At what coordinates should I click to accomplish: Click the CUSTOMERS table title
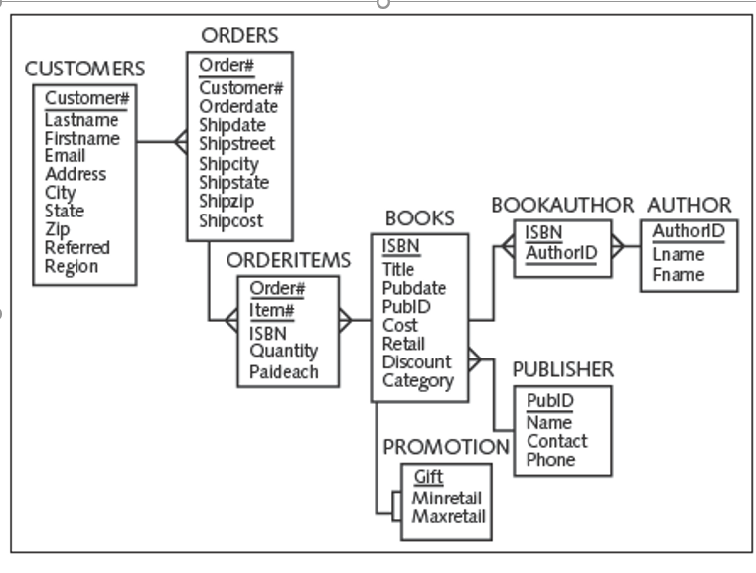pos(84,69)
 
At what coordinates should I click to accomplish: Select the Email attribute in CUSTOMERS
pos(65,156)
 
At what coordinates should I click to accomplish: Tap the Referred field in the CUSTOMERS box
pos(76,248)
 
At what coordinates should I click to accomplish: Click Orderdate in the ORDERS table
pos(238,107)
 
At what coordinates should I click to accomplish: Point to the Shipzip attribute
pos(227,202)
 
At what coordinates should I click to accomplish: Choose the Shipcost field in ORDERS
pos(230,221)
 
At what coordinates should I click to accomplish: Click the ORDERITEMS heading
pos(288,260)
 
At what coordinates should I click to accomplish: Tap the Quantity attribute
pos(283,351)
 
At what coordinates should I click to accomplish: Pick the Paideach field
pos(283,372)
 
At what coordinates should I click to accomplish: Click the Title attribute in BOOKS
pos(398,269)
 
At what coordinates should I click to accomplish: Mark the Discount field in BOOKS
pos(416,362)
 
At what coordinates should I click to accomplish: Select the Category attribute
pos(417,381)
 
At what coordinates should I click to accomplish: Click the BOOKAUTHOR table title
pos(561,206)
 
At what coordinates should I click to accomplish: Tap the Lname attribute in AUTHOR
pos(678,254)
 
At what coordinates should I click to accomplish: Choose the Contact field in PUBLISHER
pos(556,441)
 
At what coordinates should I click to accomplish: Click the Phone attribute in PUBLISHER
pos(550,460)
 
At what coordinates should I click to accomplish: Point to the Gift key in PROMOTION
pos(428,476)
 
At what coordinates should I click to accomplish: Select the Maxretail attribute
pos(449,516)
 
